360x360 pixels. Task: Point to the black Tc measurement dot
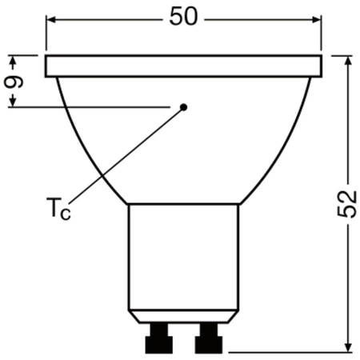(x=183, y=106)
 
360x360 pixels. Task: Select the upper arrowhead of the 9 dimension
(x=14, y=60)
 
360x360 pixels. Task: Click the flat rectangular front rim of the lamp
(x=185, y=66)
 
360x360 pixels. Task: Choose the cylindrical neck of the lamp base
(x=185, y=256)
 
